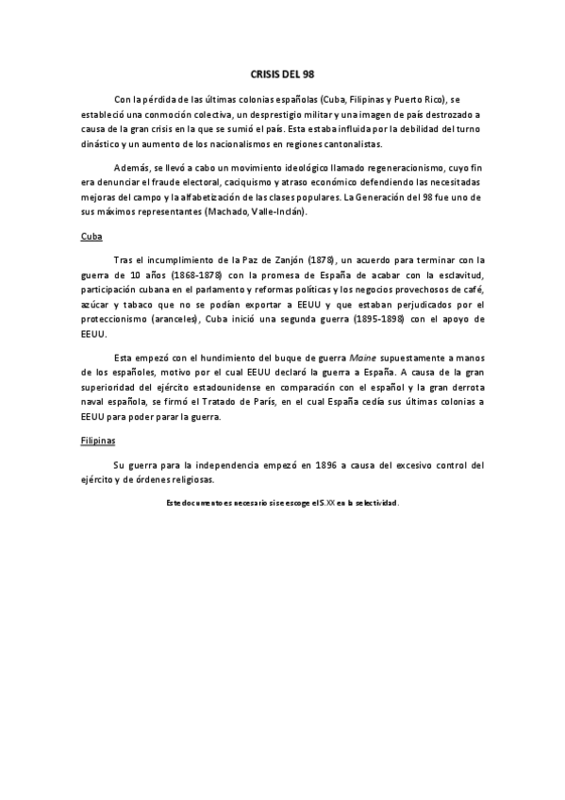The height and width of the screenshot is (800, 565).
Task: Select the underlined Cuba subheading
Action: (x=91, y=236)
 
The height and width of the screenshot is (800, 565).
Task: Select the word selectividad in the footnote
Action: (x=374, y=503)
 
